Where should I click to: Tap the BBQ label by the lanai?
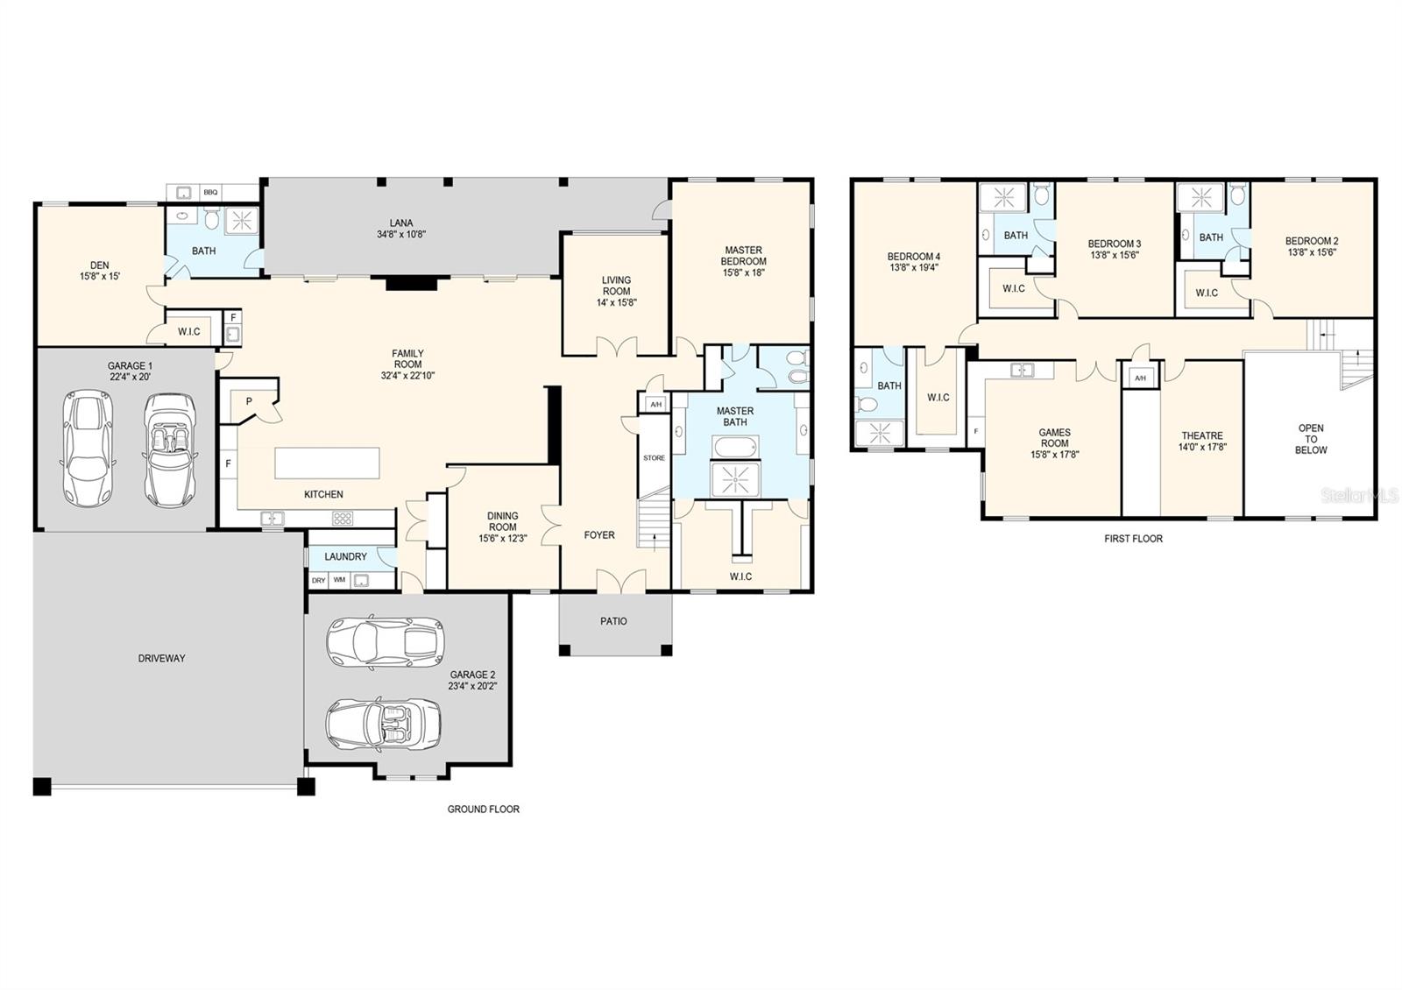tap(210, 192)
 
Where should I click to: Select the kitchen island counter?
tap(328, 463)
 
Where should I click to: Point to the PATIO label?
tap(613, 621)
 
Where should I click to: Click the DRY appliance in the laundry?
tap(318, 580)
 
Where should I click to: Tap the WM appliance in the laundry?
tap(339, 580)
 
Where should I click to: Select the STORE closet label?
tap(654, 458)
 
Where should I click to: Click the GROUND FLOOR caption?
tap(483, 810)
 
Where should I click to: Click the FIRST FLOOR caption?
tap(1133, 539)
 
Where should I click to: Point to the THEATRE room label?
tap(1201, 435)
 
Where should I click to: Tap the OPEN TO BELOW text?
tap(1311, 439)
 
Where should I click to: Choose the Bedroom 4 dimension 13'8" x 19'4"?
tap(913, 268)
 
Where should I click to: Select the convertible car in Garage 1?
tap(166, 449)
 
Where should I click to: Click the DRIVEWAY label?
tap(162, 658)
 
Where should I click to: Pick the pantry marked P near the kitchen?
tap(249, 401)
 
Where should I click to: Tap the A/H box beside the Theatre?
tap(1139, 378)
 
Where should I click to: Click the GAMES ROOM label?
tap(1054, 437)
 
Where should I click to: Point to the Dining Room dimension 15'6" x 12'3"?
tap(502, 539)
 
